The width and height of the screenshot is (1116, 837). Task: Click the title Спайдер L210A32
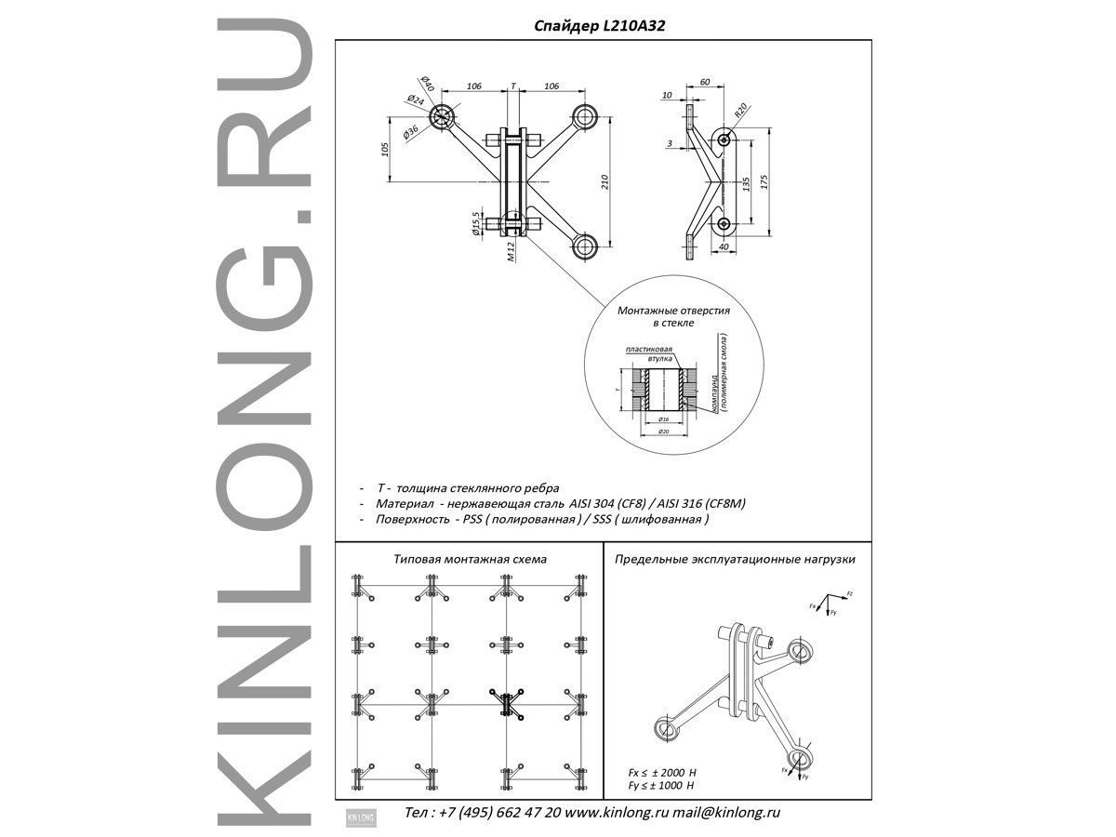(x=599, y=27)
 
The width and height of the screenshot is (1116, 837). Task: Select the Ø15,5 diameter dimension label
(x=476, y=225)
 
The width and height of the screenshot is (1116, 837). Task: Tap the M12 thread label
(x=511, y=251)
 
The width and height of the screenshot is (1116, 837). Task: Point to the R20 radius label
(x=741, y=110)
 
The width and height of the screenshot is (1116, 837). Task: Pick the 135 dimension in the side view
(x=746, y=180)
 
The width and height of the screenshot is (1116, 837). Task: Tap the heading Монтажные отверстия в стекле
(x=673, y=316)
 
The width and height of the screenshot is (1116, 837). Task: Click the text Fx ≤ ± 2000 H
(x=662, y=773)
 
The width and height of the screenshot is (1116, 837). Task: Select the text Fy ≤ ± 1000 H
(x=662, y=787)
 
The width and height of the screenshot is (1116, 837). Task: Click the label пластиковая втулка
(x=647, y=353)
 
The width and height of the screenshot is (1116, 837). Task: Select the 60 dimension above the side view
(x=704, y=82)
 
